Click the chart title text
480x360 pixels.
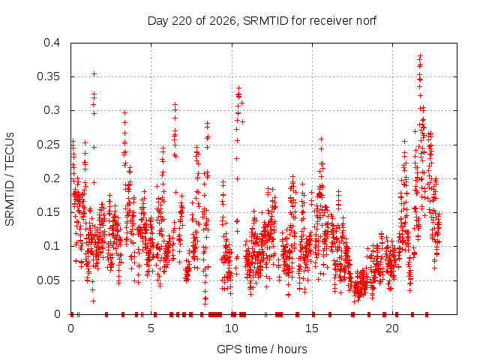click(x=262, y=21)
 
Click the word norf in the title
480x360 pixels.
click(x=366, y=21)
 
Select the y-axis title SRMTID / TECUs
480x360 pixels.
click(x=10, y=179)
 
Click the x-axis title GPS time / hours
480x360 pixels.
click(x=262, y=349)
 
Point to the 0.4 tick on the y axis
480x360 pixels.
click(x=52, y=43)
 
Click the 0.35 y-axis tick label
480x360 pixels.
click(x=49, y=76)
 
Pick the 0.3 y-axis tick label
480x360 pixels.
click(x=52, y=110)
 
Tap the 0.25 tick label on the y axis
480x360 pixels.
click(x=49, y=145)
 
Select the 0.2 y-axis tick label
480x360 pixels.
click(x=52, y=178)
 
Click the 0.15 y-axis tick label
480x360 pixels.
click(x=49, y=212)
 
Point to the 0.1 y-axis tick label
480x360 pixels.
click(x=52, y=246)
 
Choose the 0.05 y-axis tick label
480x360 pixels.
click(x=49, y=280)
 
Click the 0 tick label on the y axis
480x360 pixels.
click(x=57, y=314)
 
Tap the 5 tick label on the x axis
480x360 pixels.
click(x=151, y=328)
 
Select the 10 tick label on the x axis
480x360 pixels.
click(x=232, y=328)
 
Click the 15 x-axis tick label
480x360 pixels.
click(x=312, y=328)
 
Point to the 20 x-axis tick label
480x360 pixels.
click(x=392, y=328)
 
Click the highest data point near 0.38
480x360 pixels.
click(x=420, y=55)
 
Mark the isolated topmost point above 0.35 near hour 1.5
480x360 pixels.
click(x=94, y=73)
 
